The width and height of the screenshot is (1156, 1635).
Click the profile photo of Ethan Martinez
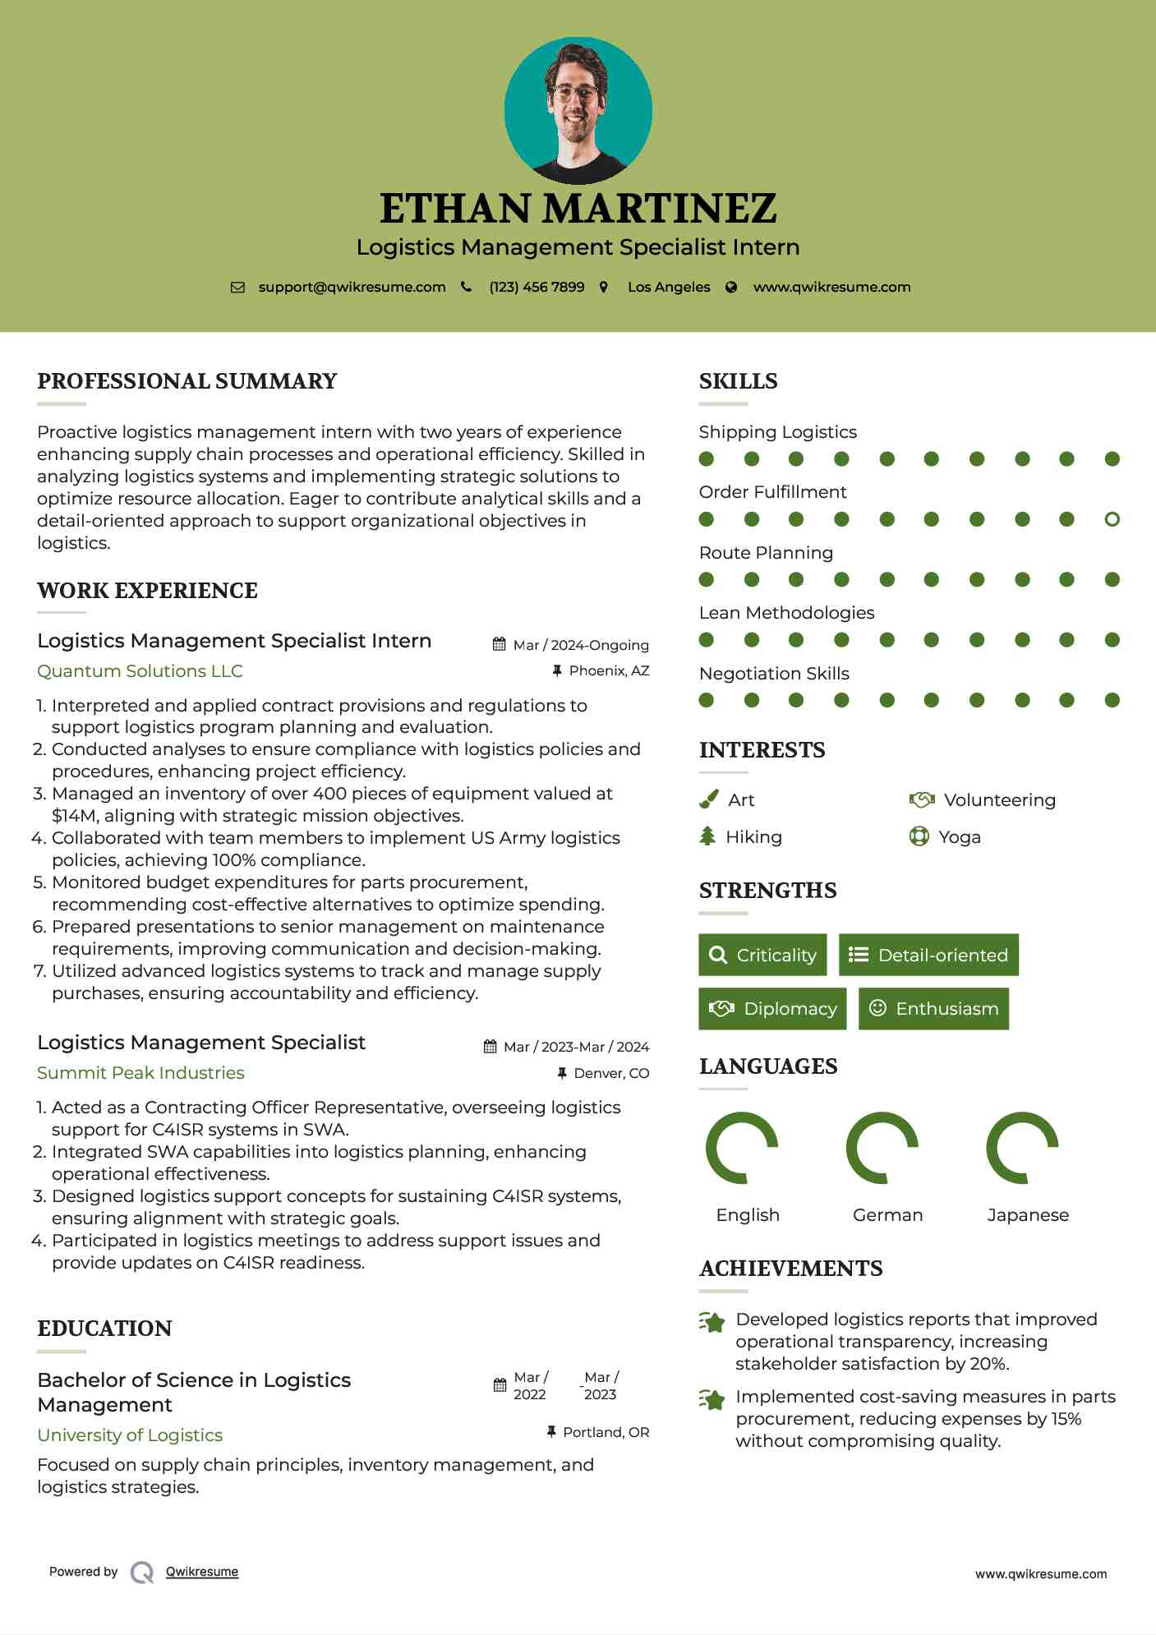click(578, 110)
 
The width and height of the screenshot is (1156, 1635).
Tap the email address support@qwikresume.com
click(352, 287)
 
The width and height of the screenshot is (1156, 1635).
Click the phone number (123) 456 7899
click(537, 287)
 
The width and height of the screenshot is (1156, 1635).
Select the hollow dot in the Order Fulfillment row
click(1112, 519)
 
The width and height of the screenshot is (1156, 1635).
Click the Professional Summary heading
click(187, 381)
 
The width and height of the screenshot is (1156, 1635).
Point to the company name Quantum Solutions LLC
click(140, 671)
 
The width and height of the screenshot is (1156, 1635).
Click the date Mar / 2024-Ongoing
click(580, 645)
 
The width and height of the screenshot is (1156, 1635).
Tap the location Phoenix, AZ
click(609, 670)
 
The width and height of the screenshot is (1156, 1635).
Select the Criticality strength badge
click(762, 955)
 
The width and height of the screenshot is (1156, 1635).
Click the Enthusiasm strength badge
click(933, 1008)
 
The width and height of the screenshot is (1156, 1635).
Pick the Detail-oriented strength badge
click(928, 955)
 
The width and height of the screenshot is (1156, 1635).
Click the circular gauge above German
click(882, 1148)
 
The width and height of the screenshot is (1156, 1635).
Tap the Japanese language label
click(1028, 1214)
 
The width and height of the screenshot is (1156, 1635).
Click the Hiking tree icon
click(707, 836)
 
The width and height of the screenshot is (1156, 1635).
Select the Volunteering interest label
click(999, 799)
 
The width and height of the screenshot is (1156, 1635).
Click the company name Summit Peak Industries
click(140, 1073)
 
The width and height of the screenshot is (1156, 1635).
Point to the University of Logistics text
click(130, 1435)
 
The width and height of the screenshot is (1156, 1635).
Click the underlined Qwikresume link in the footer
click(202, 1572)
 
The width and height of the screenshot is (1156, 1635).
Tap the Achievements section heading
click(790, 1269)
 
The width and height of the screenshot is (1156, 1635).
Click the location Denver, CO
click(611, 1073)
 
